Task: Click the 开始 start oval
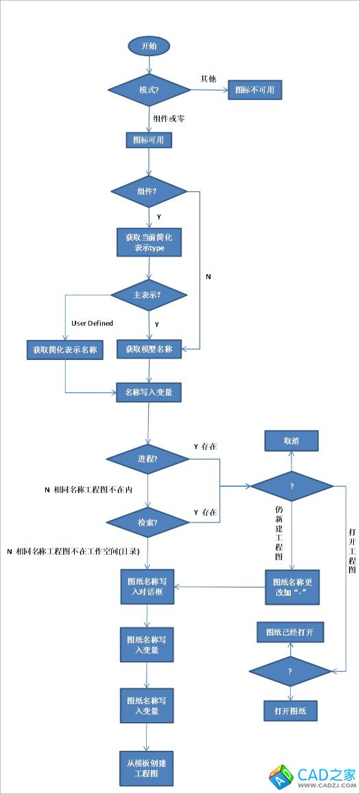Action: pos(148,46)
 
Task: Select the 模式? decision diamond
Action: pos(149,90)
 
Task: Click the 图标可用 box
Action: pos(148,140)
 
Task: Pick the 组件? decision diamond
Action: pos(149,191)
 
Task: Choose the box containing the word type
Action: pos(149,242)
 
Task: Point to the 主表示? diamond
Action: pos(149,296)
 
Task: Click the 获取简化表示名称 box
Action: pos(64,349)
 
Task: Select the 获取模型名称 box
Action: pos(149,349)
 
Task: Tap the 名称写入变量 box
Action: pos(148,392)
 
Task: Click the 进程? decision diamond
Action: pos(148,459)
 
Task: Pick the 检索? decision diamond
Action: pos(148,522)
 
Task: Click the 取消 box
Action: pos(291,440)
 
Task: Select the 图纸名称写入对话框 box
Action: pos(148,586)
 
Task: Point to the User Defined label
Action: pos(92,323)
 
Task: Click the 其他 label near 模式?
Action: pos(208,78)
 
